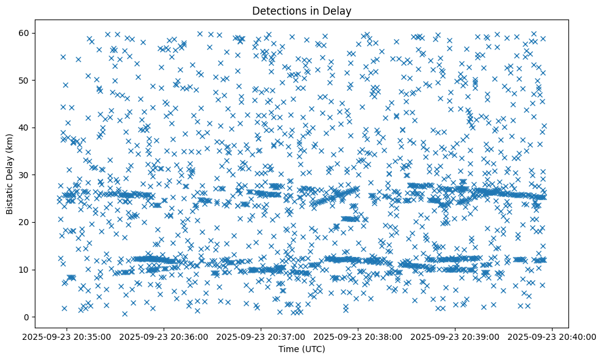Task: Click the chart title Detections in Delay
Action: (302, 10)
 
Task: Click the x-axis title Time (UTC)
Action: (302, 349)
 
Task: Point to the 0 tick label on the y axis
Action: (26, 317)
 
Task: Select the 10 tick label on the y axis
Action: (24, 270)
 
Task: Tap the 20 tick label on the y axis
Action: (24, 222)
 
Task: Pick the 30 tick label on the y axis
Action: (24, 175)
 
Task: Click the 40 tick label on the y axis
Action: (24, 128)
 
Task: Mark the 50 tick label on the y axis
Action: (24, 80)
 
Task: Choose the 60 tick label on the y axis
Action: (24, 33)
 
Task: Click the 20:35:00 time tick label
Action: (67, 337)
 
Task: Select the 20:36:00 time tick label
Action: (164, 337)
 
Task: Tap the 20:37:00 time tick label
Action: (261, 337)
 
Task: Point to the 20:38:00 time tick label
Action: (358, 337)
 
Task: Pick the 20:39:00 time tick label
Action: (455, 337)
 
